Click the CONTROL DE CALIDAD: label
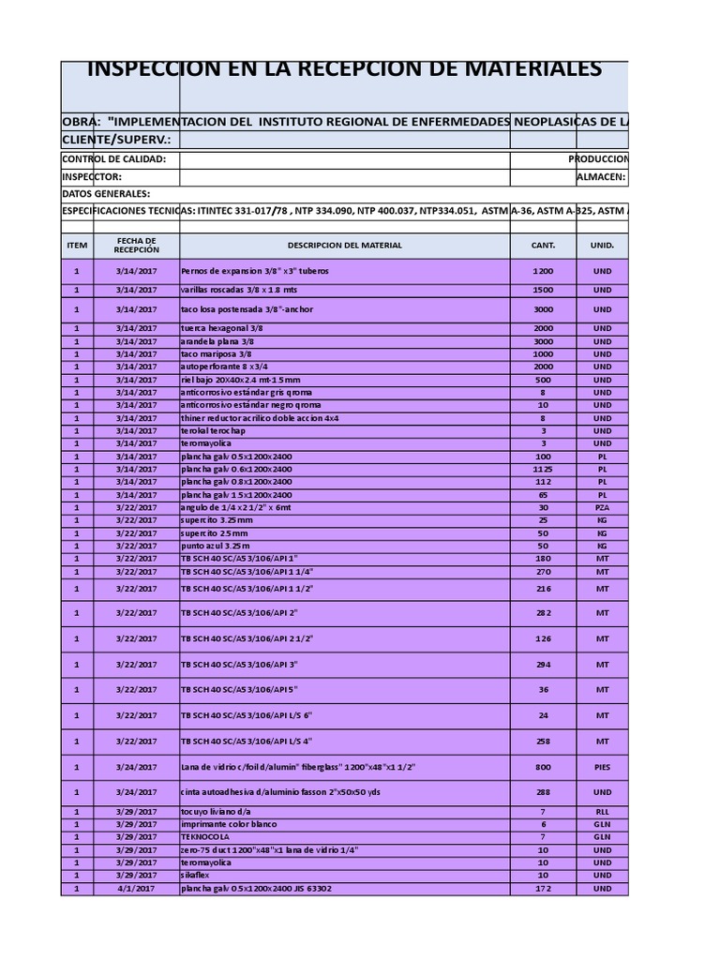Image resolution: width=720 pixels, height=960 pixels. point(113,159)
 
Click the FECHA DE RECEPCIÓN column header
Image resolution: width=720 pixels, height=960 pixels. point(136,246)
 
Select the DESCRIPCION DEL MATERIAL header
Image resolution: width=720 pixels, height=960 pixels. point(344,246)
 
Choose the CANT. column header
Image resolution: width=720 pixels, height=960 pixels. point(543,246)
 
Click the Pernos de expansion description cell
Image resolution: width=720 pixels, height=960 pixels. point(255,270)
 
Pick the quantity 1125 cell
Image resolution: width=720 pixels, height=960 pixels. point(543,468)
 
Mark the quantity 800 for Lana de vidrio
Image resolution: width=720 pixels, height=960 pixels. point(543,766)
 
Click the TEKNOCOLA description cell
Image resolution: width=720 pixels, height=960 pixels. point(205,836)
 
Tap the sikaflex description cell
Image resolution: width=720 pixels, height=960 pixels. point(197,875)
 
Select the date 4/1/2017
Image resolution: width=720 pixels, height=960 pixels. point(136,888)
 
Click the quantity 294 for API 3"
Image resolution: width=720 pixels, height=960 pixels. point(543,664)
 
